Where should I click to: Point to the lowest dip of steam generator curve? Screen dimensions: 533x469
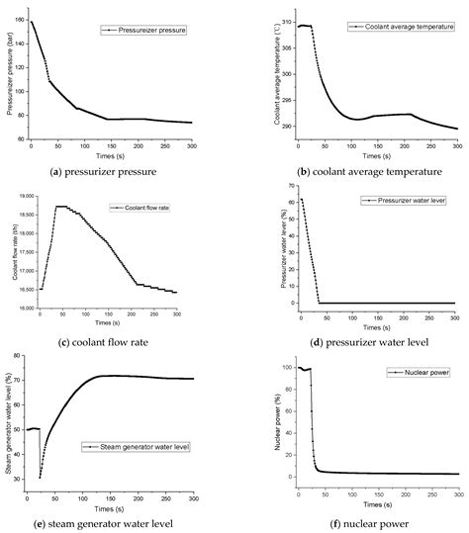click(40, 478)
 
